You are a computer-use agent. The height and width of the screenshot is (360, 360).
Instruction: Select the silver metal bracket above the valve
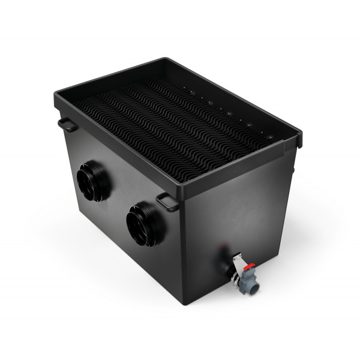pos(239,259)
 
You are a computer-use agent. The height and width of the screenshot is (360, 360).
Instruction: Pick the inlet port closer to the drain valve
pos(145,222)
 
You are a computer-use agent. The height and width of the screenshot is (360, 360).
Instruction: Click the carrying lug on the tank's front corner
pos(167,202)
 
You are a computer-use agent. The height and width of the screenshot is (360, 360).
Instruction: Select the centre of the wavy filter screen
pos(174,129)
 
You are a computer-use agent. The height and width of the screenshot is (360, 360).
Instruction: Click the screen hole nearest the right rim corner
pos(269,137)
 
